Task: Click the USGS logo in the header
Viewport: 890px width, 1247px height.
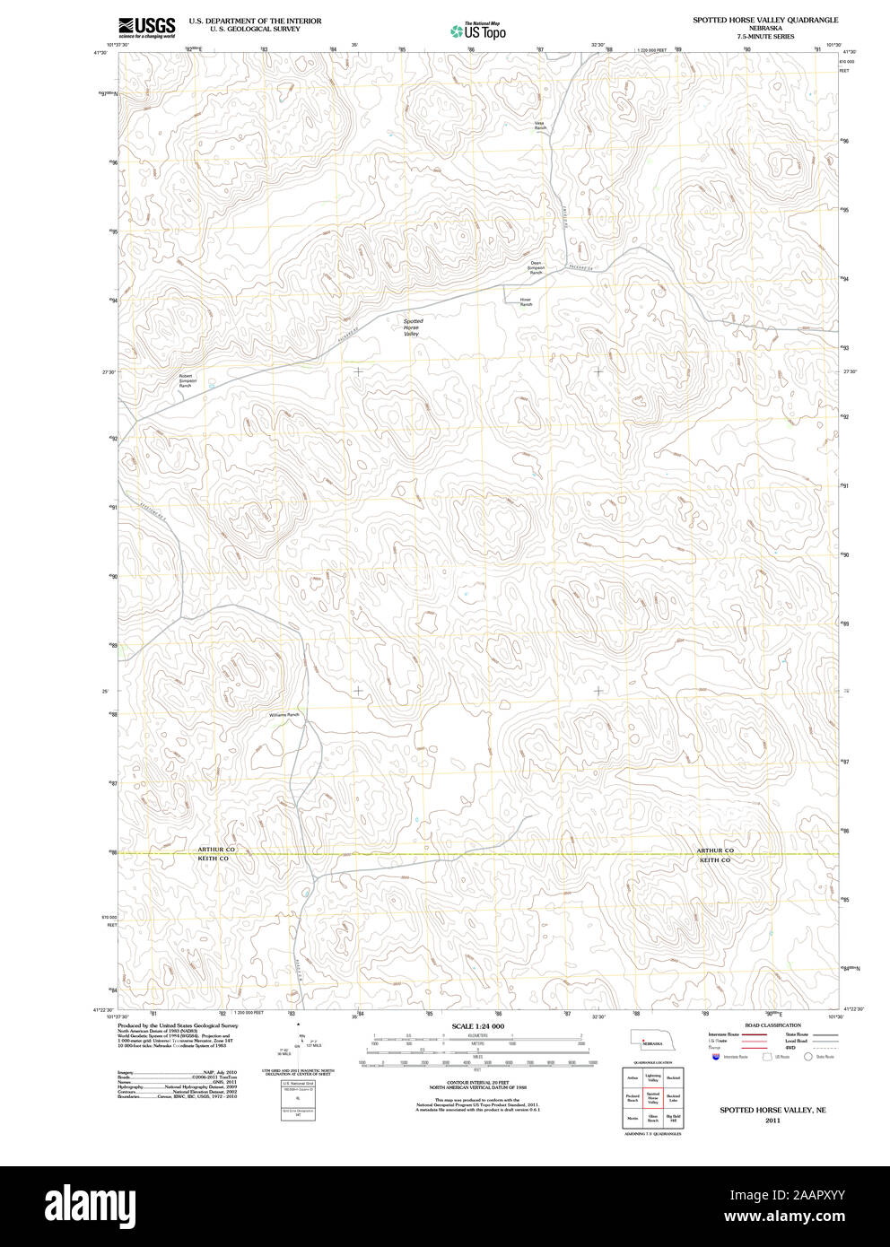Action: pos(146,27)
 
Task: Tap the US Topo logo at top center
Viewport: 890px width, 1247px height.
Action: pos(478,31)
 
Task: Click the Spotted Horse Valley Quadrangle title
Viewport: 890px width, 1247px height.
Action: pos(764,20)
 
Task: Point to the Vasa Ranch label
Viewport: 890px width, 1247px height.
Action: pos(540,126)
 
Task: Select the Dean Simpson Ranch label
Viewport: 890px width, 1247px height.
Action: pos(536,267)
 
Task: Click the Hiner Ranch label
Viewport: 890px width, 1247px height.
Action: pos(526,302)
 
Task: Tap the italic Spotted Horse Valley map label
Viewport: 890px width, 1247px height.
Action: pos(412,327)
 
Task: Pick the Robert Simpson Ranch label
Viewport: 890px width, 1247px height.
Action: pos(187,380)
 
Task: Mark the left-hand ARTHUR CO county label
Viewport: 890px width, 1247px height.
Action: pos(216,849)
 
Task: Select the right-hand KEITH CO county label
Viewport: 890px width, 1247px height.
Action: pos(715,860)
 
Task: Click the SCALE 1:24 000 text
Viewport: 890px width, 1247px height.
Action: pos(477,1026)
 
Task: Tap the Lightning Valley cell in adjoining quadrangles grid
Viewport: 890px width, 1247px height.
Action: pos(652,1078)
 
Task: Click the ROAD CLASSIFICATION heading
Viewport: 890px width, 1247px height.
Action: pos(766,1025)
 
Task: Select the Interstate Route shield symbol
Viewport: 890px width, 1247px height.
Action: pos(715,1058)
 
